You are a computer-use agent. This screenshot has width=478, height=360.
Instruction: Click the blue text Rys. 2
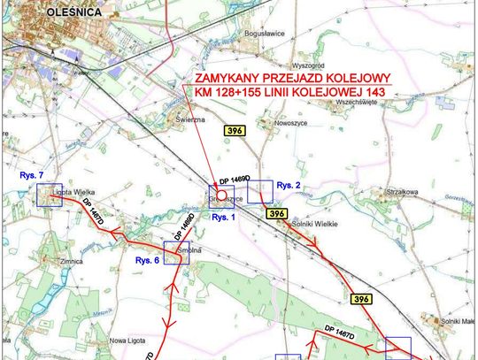point(289,185)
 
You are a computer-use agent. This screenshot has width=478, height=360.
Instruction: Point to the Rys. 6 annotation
point(147,261)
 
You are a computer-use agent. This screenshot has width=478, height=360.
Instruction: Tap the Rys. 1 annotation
point(221,216)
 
